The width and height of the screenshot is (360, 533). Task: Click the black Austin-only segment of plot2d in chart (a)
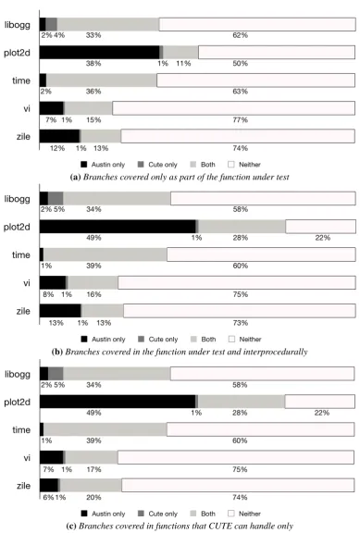point(100,53)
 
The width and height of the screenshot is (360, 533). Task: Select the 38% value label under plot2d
point(93,64)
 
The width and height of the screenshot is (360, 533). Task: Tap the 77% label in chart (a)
point(241,119)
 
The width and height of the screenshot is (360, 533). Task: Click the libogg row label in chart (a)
point(17,25)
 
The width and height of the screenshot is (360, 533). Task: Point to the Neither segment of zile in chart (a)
point(238,136)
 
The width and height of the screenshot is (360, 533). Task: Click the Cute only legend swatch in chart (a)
point(141,165)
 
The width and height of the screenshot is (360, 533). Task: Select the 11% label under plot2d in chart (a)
point(183,64)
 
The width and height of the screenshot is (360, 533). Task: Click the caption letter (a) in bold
point(75,177)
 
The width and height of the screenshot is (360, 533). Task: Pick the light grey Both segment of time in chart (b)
point(106,254)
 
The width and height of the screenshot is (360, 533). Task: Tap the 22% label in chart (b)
point(323,238)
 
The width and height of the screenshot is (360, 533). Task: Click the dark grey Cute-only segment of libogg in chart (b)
point(56,199)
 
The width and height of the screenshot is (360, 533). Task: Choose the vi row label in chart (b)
point(27,283)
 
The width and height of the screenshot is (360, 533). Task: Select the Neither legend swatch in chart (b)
point(231,339)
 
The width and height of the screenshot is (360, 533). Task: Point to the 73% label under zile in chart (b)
point(241,323)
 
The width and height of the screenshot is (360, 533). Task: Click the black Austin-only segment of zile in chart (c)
point(49,485)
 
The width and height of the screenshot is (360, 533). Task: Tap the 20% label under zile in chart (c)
point(93,497)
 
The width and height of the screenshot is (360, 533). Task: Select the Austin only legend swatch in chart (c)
point(83,514)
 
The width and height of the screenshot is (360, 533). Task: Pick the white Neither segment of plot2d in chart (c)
point(319,402)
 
